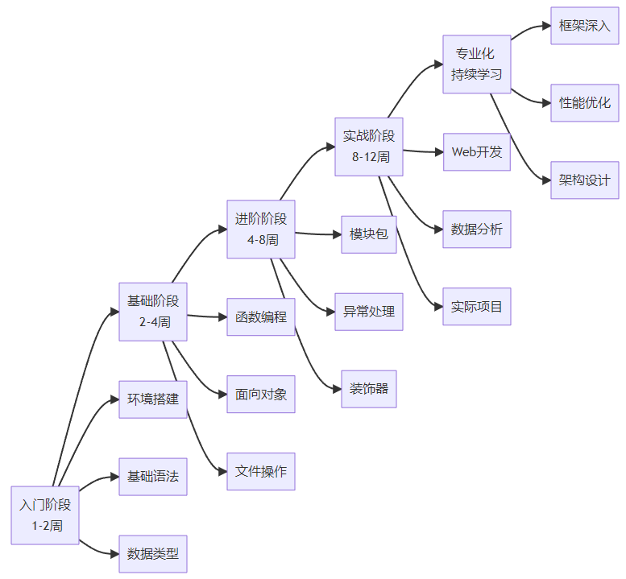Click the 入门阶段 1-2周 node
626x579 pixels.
45,515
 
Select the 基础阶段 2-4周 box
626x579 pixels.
153,311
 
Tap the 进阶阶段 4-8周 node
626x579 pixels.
261,229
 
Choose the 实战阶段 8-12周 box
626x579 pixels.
369,146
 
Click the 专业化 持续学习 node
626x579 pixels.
477,64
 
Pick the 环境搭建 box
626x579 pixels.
153,399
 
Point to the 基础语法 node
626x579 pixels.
153,476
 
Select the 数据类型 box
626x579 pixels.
153,553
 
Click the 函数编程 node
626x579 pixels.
261,316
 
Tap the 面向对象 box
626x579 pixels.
261,394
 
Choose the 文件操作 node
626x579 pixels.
261,471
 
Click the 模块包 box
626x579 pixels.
369,234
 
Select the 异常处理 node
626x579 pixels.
369,312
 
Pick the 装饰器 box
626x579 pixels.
369,389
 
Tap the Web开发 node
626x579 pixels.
477,151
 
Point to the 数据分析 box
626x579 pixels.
477,229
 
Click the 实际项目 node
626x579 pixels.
477,306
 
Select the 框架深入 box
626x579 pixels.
585,25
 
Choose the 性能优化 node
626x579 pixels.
585,102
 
